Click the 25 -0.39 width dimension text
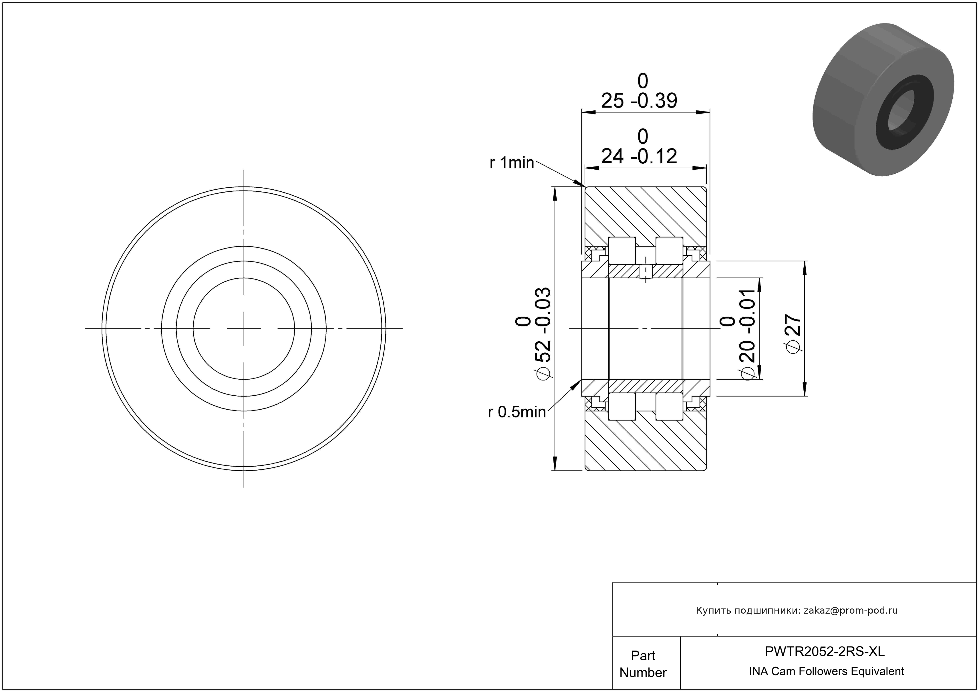pos(639,101)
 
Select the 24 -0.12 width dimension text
pos(639,156)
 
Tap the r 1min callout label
pos(512,162)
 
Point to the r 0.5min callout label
pos(517,412)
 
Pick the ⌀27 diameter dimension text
pos(793,334)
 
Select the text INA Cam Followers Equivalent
pos(826,671)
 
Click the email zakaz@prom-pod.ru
pos(851,610)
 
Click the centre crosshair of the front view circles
pos(244,329)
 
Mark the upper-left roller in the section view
pos(622,250)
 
